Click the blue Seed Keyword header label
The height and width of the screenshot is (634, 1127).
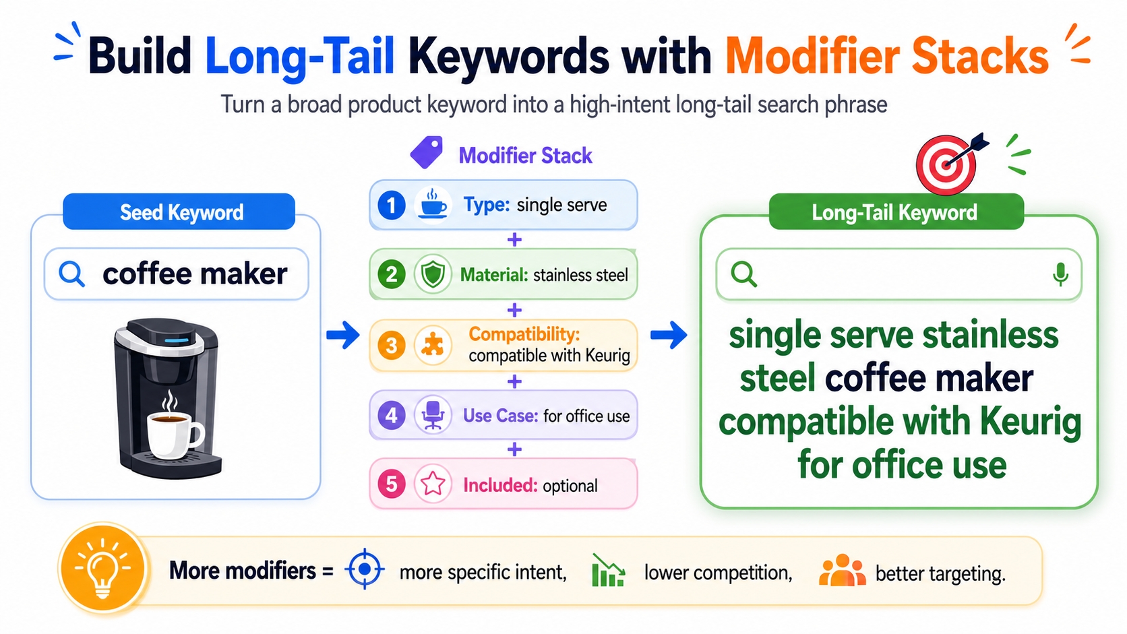179,212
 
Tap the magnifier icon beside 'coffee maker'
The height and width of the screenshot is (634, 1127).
71,274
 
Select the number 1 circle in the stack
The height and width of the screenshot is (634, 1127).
392,205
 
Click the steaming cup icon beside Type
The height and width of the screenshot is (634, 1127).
433,204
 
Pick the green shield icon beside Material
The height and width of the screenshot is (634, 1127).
433,274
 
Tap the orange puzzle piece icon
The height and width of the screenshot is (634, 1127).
432,345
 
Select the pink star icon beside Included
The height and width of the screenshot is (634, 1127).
433,484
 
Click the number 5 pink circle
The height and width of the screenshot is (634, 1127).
392,484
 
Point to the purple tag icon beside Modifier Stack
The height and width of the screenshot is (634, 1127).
427,152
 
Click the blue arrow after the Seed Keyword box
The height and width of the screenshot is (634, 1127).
343,335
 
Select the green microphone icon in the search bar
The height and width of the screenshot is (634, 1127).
1060,274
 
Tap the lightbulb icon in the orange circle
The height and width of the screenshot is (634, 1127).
102,569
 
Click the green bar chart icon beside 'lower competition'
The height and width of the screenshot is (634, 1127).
608,571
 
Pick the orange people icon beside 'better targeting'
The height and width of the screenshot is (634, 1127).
842,571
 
